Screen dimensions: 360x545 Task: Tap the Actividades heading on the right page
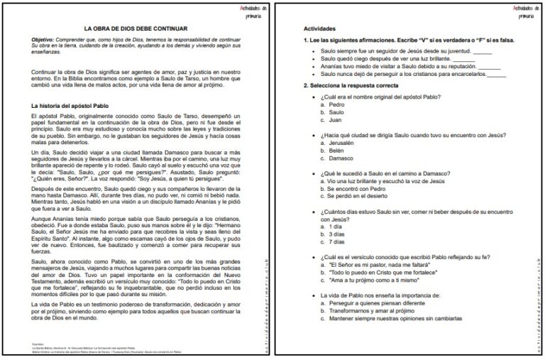(x=319, y=28)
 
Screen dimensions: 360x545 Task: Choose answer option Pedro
(x=337, y=104)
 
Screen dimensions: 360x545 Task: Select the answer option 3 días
(x=338, y=235)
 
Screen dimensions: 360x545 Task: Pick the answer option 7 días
(x=338, y=243)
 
